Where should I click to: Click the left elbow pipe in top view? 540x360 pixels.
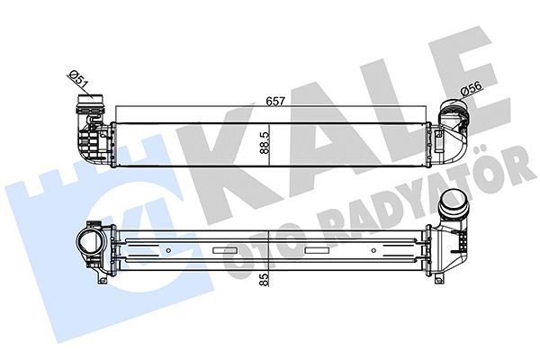(85, 130)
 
